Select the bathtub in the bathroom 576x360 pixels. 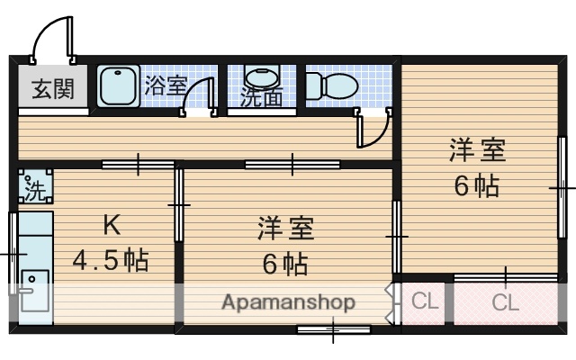click(x=118, y=87)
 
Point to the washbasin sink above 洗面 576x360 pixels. click(x=261, y=76)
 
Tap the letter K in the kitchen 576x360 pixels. click(x=110, y=224)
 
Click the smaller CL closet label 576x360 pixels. click(x=424, y=301)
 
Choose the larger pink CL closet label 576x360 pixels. click(x=506, y=302)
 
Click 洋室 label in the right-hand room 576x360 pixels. click(x=477, y=150)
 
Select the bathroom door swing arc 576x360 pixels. click(x=198, y=95)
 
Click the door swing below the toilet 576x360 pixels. click(x=374, y=129)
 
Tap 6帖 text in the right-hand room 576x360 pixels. click(x=477, y=186)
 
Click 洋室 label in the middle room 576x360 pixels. click(x=285, y=229)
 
